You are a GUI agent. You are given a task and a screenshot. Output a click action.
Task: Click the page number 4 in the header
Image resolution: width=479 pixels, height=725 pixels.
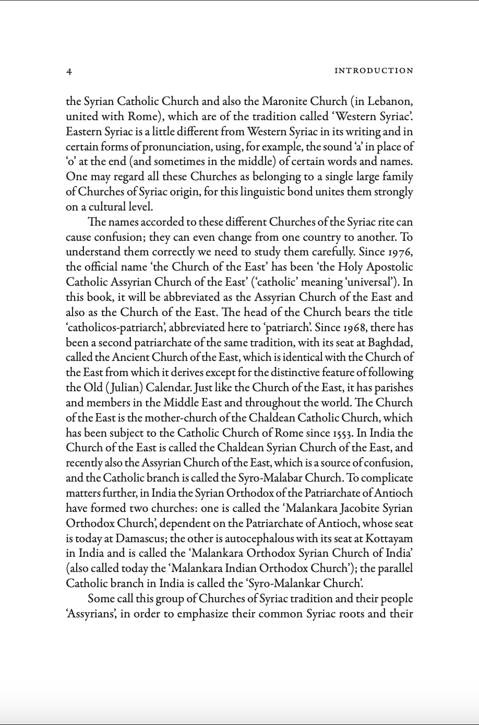coord(69,72)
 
